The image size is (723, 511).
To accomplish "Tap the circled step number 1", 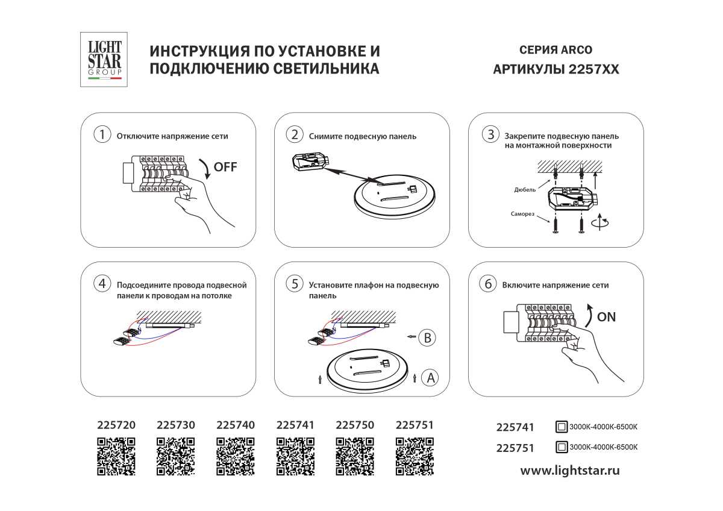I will coord(102,135).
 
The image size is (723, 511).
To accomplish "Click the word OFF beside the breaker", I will coord(226,167).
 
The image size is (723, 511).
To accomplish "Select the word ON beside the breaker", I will coord(606,316).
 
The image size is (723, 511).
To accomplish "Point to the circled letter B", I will coord(427,338).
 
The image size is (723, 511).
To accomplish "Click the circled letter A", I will coord(430,378).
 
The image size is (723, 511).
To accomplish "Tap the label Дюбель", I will coord(525,189).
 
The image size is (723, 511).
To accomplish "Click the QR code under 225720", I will coord(116,457).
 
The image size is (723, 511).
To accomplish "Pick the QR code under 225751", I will coord(414,457).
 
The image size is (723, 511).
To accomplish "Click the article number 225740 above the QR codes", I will coord(235,425).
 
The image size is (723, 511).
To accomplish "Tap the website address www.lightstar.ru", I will coord(569,471).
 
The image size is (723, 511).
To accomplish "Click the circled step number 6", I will coord(487,284).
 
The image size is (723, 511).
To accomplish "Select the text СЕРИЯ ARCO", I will coord(556,50).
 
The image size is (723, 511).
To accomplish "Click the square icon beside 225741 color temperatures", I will coord(561,427).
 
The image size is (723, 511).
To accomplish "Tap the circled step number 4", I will coord(102,284).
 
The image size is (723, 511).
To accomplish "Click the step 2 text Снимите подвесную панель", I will coord(362,136).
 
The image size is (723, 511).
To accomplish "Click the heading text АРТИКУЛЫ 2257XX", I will coord(556,69).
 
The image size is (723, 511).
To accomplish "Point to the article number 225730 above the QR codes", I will coord(175,425).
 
